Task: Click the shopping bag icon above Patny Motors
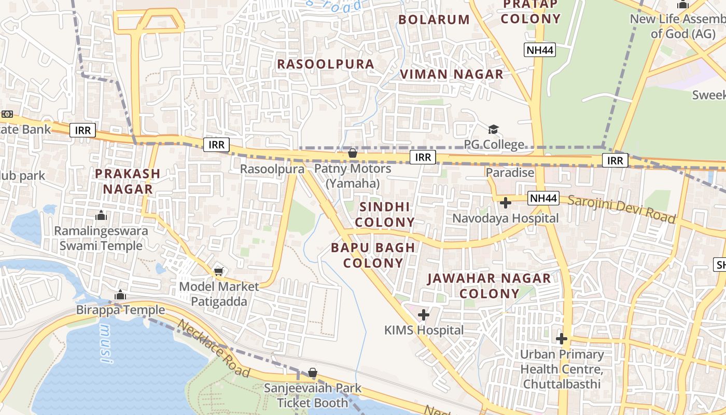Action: (x=352, y=153)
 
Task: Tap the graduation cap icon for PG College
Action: (x=493, y=129)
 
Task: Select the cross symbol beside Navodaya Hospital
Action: (x=506, y=202)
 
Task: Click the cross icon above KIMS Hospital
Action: (x=424, y=314)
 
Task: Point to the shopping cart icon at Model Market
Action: (x=219, y=271)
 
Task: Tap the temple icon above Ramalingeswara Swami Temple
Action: (x=101, y=215)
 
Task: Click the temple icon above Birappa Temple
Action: (x=120, y=295)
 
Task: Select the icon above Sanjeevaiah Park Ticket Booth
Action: (x=312, y=372)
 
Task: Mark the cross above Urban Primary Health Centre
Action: (x=561, y=339)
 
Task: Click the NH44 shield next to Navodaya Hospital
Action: (x=543, y=198)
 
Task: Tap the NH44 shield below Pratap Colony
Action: (x=539, y=50)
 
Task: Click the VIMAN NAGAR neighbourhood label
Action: (x=451, y=74)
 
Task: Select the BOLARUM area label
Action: (x=434, y=20)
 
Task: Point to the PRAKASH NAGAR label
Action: (x=127, y=181)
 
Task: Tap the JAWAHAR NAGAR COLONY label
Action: (x=488, y=286)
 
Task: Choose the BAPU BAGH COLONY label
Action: (x=373, y=255)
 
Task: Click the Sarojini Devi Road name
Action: (x=622, y=209)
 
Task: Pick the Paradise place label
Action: (x=510, y=172)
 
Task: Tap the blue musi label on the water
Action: (x=106, y=343)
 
